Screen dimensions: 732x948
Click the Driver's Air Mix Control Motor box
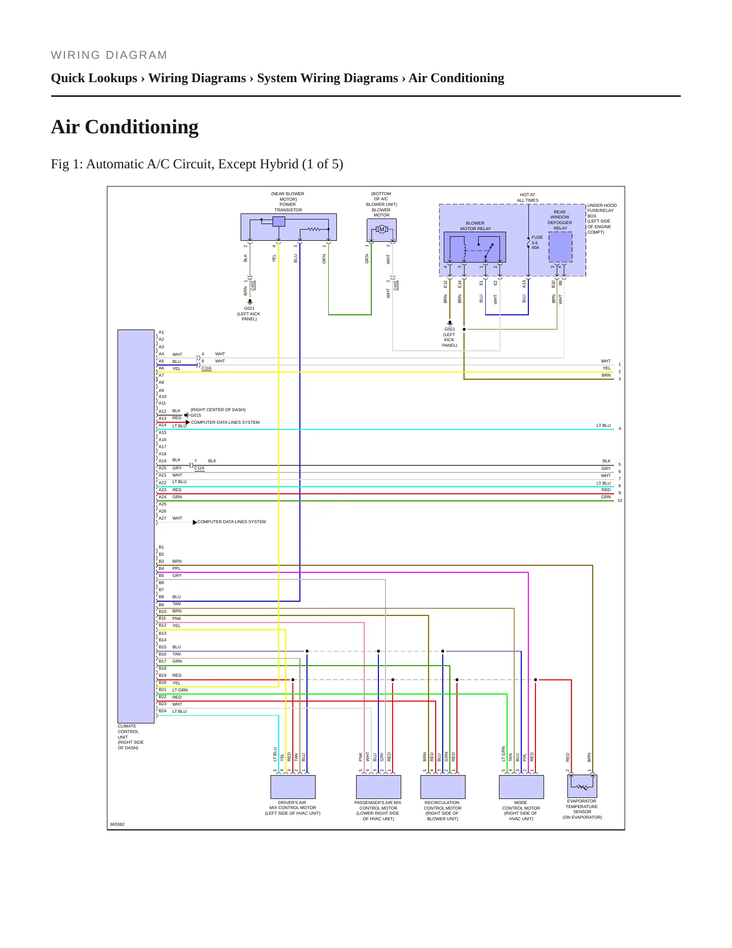pos(293,787)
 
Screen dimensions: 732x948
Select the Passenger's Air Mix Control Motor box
pos(378,787)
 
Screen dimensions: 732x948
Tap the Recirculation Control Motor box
pos(443,787)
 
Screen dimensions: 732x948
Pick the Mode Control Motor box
pos(521,787)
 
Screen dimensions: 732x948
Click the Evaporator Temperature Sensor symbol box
pos(582,786)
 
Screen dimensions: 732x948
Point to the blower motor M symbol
pos(382,229)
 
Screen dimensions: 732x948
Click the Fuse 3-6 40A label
pos(537,242)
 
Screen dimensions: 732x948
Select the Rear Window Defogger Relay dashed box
pos(561,247)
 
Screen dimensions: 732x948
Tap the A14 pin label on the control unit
pos(163,425)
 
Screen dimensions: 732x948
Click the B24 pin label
pos(163,711)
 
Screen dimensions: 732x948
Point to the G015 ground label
pos(196,415)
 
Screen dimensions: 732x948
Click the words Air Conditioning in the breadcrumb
pos(456,78)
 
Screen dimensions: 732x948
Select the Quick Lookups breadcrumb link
pos(94,78)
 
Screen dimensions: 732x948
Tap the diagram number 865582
pos(118,824)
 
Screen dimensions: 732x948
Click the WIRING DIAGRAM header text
pos(109,55)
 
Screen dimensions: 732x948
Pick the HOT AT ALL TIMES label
pos(527,197)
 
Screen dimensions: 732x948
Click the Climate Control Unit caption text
pos(131,737)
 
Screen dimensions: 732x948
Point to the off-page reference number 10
pos(620,500)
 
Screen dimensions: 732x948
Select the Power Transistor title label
pos(288,202)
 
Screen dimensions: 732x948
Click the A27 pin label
pos(163,518)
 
